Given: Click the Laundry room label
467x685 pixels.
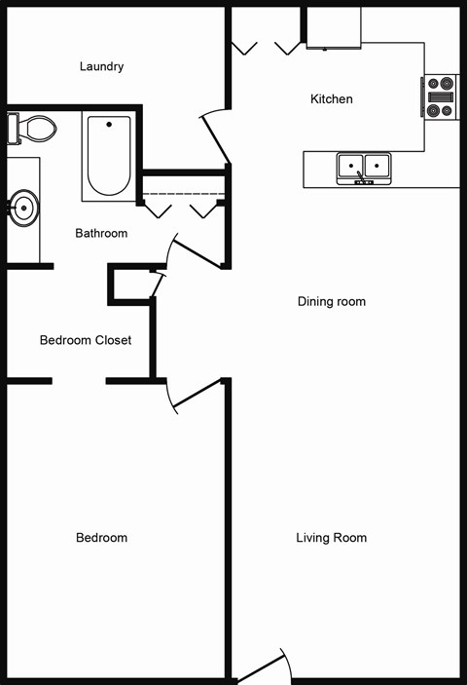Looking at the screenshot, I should point(101,67).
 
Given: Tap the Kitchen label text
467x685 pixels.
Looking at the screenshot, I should point(331,99).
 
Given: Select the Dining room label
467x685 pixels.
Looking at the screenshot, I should point(331,302).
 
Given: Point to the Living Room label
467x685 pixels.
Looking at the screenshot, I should point(331,538).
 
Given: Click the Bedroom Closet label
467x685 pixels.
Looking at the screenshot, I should point(86,340).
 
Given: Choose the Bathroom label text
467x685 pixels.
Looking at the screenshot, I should point(101,234).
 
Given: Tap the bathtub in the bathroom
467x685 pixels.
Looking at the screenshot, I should point(109,156).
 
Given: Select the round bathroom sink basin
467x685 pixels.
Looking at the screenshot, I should point(23,207).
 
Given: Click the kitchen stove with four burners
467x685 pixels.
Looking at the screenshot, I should point(441,97).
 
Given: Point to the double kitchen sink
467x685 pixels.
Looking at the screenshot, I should point(364,168).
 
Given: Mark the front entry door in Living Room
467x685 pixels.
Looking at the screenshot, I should point(261,667).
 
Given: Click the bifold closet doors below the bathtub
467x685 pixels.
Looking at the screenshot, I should point(183,209).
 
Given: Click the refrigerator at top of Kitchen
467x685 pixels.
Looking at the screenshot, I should point(334,27).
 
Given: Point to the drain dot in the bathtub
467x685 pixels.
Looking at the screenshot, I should point(109,124).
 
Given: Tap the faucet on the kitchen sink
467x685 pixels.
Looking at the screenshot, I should point(362,177).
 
